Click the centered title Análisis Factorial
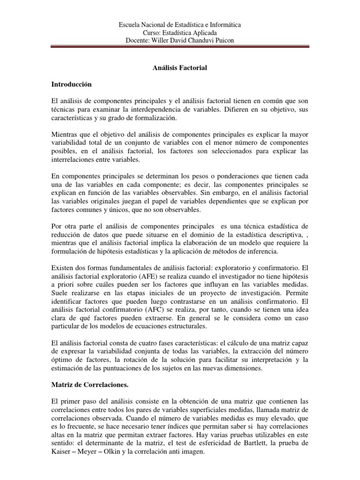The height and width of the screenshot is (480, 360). coord(180,68)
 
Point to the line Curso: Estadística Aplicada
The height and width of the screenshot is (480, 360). coord(180,33)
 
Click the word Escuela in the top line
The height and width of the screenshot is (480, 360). coord(130,25)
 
